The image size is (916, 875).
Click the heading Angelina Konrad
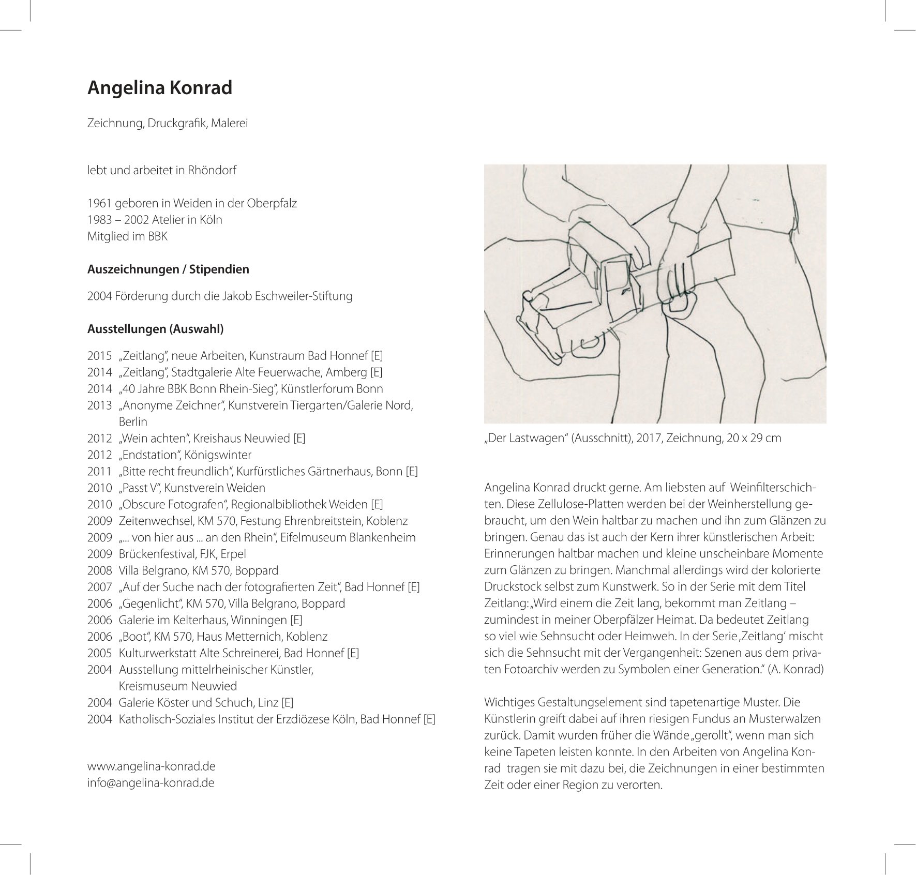point(160,88)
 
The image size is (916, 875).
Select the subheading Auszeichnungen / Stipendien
point(168,269)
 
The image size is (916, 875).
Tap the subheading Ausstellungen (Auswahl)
point(156,329)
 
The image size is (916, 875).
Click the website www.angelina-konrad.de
point(152,765)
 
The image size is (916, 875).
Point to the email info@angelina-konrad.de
point(151,782)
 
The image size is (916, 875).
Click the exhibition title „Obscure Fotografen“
point(173,504)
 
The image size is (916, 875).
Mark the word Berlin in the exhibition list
point(133,421)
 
